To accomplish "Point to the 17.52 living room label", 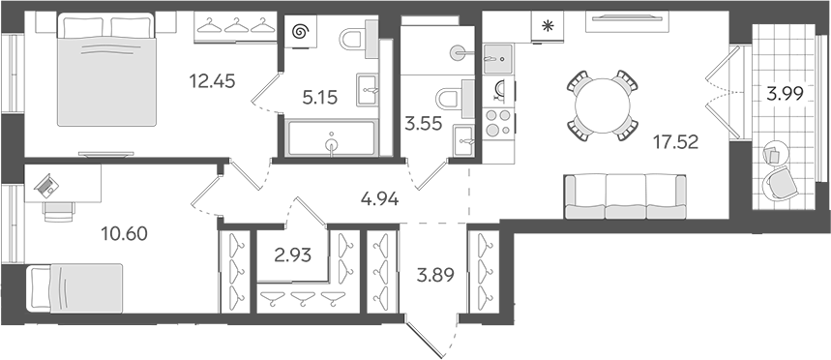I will pyautogui.click(x=676, y=141).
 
